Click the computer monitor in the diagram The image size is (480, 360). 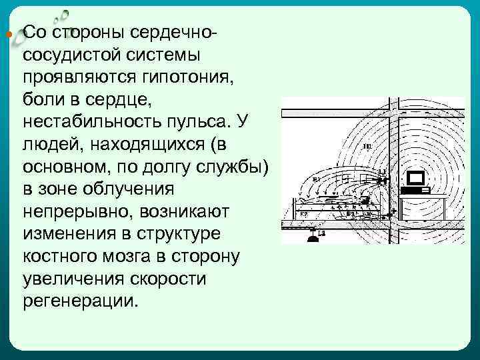click(417, 179)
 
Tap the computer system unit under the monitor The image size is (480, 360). click(417, 190)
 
